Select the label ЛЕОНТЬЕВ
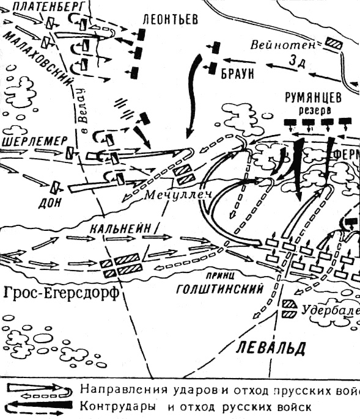(x=169, y=19)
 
